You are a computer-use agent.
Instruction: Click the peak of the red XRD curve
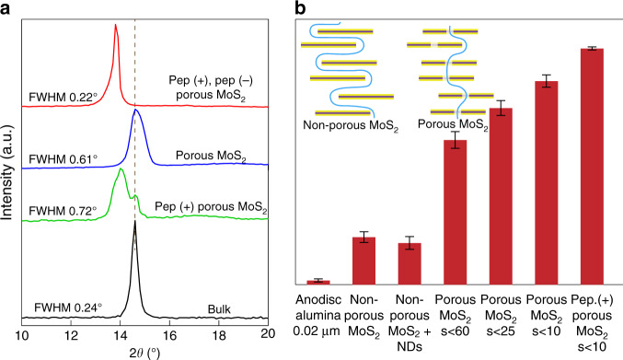click(x=116, y=26)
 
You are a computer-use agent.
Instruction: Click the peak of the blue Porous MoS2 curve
click(x=135, y=110)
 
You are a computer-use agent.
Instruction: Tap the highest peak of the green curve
click(x=121, y=169)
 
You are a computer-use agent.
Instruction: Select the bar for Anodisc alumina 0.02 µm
click(x=318, y=282)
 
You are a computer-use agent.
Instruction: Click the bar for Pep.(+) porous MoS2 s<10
click(x=592, y=166)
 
